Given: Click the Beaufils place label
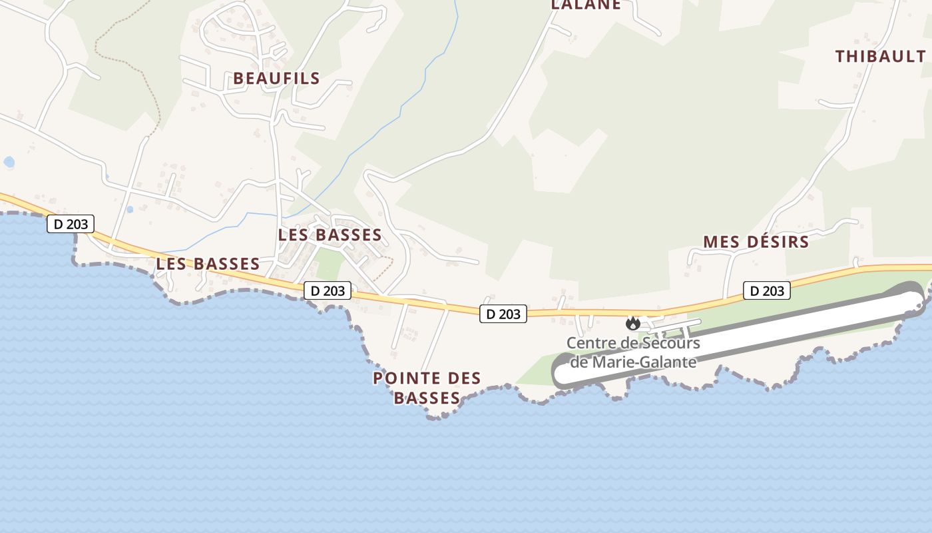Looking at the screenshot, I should pos(276,79).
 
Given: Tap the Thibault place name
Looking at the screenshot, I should pos(880,57).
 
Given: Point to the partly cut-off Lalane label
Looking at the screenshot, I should pos(586,5).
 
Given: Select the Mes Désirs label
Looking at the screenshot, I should pos(756,242).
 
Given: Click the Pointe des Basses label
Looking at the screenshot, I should pos(427,388).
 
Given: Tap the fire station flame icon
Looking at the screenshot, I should pos(632,324).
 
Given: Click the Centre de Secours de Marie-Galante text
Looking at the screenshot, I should pos(633,352).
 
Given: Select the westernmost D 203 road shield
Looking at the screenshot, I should pos(71,224).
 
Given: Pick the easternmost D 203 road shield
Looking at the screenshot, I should pos(767,290).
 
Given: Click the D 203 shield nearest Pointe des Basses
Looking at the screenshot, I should pos(503,314).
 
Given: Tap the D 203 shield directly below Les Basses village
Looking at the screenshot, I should pos(328,290).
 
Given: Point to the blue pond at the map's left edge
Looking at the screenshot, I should pos(9,162).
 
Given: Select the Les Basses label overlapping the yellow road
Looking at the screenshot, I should pos(208,264).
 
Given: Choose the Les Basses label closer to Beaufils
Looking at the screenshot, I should pos(330,235).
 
